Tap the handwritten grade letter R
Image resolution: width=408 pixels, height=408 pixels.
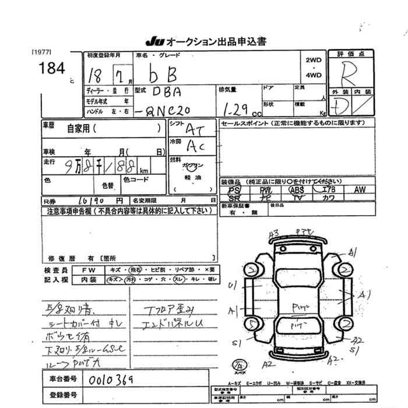tap(349, 75)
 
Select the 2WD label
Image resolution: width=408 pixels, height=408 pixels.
tap(313, 61)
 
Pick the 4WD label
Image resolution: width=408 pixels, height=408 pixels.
tap(313, 75)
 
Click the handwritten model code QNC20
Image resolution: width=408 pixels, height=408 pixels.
tap(165, 110)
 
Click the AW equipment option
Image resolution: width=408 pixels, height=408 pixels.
tap(359, 190)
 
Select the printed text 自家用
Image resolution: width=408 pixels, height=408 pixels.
tap(78, 127)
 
